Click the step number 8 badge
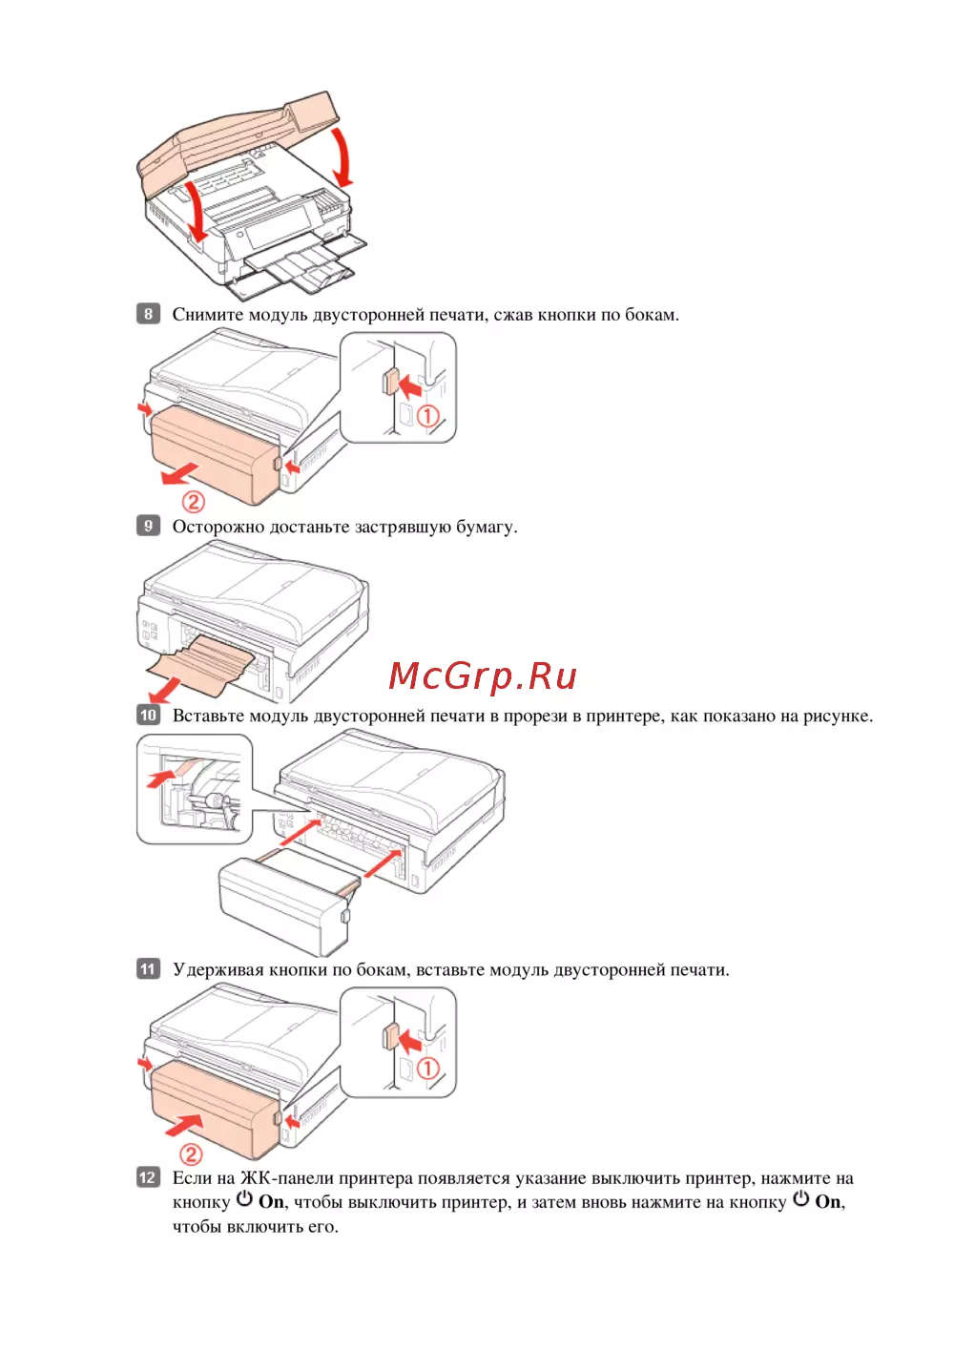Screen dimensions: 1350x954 [148, 314]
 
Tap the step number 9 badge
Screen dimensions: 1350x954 [148, 526]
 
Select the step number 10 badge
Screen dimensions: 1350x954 [148, 715]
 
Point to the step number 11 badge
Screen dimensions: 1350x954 [148, 969]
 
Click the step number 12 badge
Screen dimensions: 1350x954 [148, 1177]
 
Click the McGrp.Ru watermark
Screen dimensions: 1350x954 [483, 676]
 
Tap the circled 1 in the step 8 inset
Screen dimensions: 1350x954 [428, 416]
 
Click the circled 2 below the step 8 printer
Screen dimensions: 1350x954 [193, 502]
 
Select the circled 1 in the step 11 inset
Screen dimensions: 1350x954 [428, 1069]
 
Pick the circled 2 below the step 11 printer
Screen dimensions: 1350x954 [191, 1154]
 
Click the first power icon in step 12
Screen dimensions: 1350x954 [245, 1199]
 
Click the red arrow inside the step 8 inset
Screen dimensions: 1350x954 [411, 386]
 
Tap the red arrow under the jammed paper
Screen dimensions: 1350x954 [165, 687]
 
